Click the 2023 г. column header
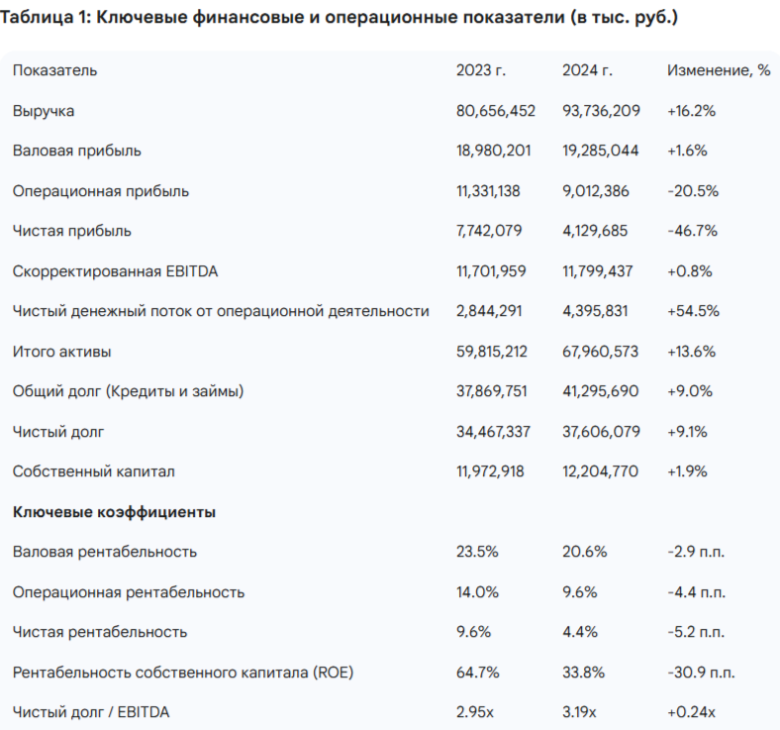pos(480,70)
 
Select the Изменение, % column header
pos(719,70)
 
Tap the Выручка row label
pos(44,111)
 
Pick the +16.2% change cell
pos(692,111)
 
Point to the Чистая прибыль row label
pos(72,231)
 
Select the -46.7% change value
pos(693,231)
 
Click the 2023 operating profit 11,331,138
pos(494,191)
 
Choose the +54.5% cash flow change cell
pos(693,311)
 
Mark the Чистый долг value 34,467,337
pos(496,431)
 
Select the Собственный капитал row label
pos(94,471)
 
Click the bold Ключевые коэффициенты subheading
pos(114,512)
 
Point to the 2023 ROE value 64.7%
pos(476,673)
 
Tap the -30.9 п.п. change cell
pos(701,673)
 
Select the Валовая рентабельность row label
pos(105,551)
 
